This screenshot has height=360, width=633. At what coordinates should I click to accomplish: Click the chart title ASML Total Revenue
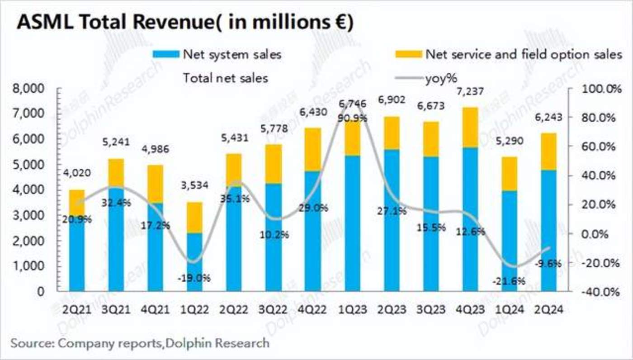point(184,22)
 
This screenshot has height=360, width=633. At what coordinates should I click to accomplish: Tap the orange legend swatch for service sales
point(408,55)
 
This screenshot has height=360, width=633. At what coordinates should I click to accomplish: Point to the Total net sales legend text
point(225,78)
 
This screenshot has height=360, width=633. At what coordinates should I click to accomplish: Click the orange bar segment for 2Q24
point(548,152)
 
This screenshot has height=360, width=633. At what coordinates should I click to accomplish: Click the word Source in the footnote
point(30,343)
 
